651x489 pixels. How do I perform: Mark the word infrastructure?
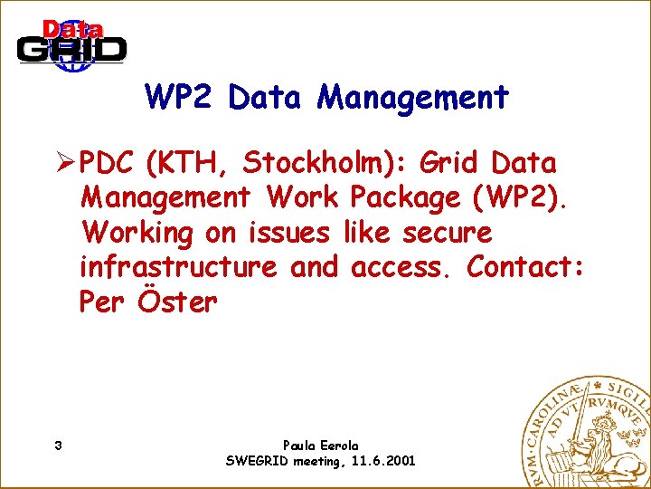coord(178,267)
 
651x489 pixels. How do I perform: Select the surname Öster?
coord(178,302)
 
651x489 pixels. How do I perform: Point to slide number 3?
coord(58,446)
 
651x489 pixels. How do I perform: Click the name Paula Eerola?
coord(320,446)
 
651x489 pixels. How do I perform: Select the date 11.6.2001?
coord(382,461)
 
